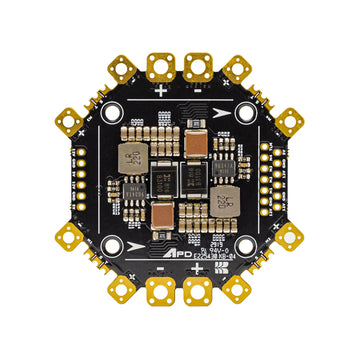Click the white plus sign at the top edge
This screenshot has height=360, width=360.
[160, 89]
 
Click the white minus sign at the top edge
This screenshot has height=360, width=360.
[200, 89]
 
